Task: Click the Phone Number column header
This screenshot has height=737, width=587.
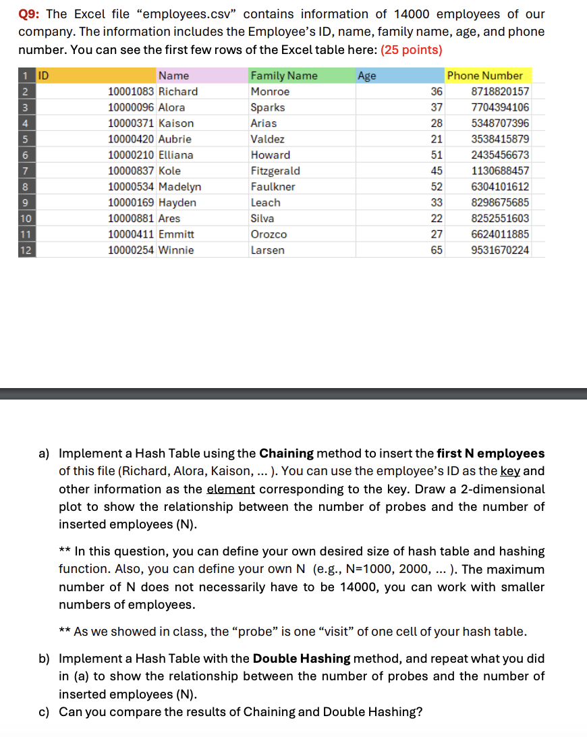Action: [x=484, y=76]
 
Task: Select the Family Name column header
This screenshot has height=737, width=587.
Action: [x=283, y=76]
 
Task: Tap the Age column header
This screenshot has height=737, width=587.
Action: [x=367, y=76]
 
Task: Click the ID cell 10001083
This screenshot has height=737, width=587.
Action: [x=132, y=92]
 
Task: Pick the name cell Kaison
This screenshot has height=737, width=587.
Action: [x=175, y=124]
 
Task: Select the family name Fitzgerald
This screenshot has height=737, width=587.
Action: [x=275, y=171]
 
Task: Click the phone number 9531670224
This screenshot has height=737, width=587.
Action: [x=500, y=250]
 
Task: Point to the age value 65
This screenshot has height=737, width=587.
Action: [x=437, y=250]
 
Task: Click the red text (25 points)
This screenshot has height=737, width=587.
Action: [x=412, y=50]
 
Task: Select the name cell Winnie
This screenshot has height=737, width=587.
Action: [x=175, y=250]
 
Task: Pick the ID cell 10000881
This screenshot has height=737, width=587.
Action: [x=132, y=219]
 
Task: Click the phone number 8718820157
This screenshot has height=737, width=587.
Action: [x=500, y=92]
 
